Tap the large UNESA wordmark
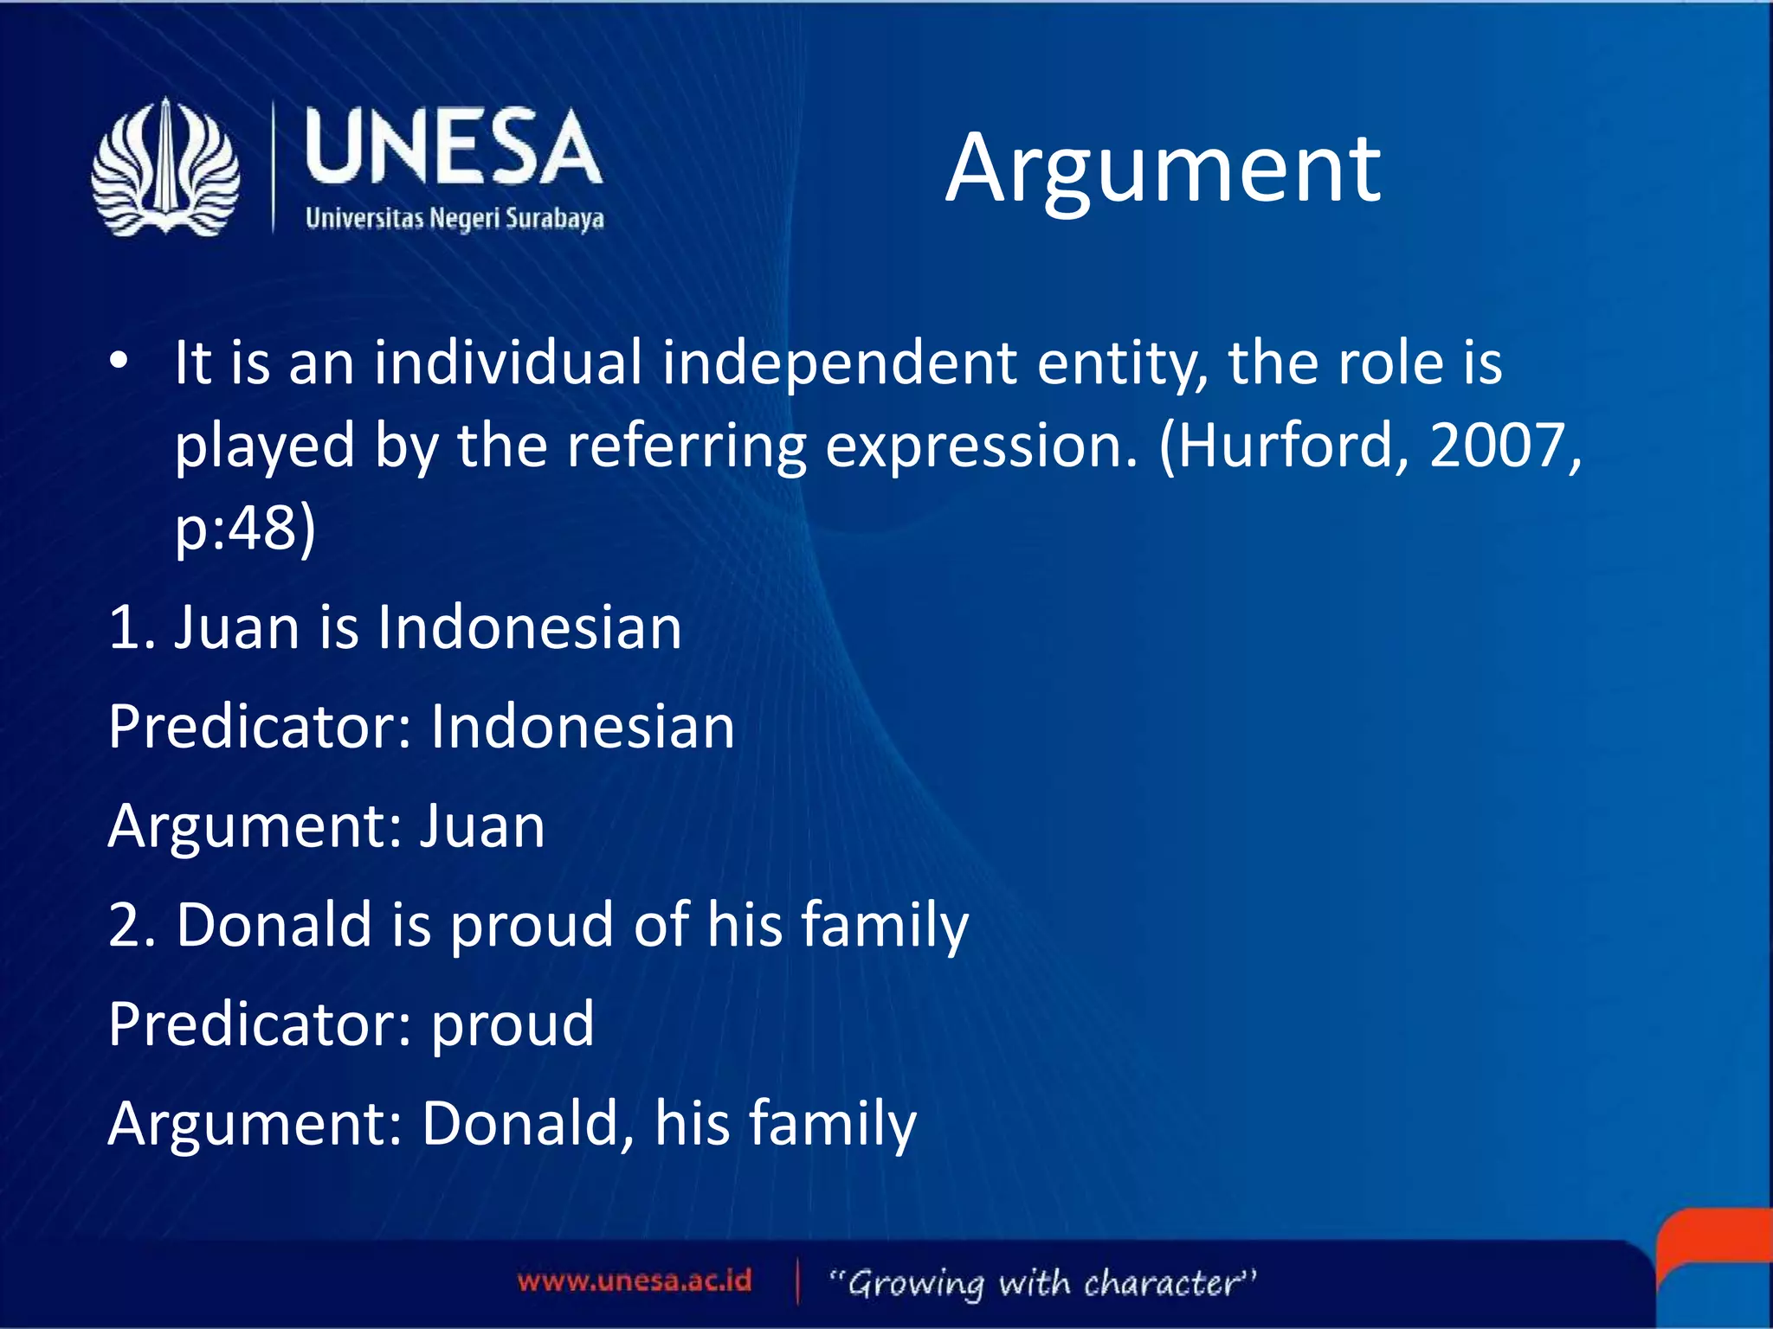coord(453,148)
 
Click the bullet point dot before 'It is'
coord(119,362)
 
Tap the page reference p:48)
coord(245,529)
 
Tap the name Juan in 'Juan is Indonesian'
coord(236,627)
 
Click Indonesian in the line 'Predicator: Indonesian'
coord(582,727)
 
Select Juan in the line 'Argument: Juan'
coord(481,826)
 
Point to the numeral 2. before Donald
coord(132,925)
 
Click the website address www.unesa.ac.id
coord(635,1281)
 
